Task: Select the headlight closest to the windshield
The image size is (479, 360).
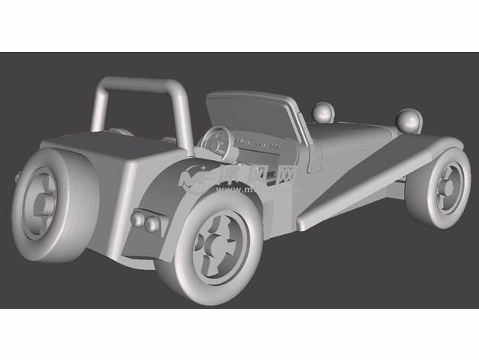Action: point(325,114)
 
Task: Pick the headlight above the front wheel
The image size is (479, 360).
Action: point(410,121)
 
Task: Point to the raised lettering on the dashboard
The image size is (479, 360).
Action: point(256,143)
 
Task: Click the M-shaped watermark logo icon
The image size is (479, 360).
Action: point(194,181)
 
